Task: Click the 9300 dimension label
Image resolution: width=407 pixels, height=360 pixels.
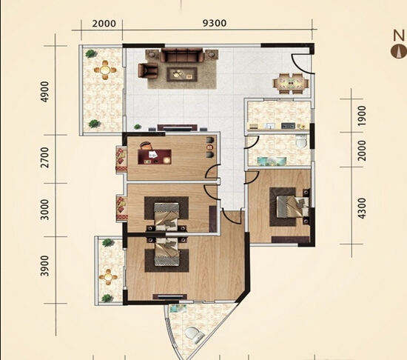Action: (215, 23)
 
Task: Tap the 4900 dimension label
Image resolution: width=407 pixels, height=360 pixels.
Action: (45, 92)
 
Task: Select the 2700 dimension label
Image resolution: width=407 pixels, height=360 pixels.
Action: (45, 157)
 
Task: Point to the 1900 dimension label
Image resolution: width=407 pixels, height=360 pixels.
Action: (362, 116)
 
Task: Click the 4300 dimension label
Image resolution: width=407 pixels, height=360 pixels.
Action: (362, 208)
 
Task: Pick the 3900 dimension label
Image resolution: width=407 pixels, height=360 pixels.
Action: (45, 266)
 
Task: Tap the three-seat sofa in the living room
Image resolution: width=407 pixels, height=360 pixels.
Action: (182, 55)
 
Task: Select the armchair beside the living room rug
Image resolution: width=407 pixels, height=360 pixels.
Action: (147, 70)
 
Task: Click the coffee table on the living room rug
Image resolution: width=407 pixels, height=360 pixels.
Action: (182, 74)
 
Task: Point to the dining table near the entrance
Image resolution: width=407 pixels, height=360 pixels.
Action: (291, 84)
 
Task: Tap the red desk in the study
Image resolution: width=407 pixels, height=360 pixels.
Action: (155, 156)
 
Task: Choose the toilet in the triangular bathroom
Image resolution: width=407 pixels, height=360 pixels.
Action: (195, 335)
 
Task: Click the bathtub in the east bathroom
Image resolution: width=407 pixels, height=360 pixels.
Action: (272, 161)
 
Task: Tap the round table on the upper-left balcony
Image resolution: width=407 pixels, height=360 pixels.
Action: (105, 70)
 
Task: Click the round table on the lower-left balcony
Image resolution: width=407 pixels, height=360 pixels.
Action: (108, 277)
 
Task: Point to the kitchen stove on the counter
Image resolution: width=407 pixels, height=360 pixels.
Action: (288, 126)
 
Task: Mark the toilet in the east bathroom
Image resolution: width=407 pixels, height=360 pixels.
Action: (302, 141)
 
